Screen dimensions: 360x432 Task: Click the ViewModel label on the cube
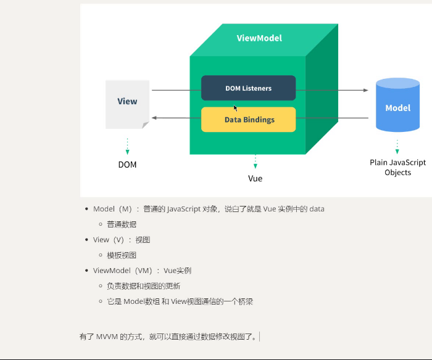259,38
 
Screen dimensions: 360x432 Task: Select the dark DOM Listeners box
248,88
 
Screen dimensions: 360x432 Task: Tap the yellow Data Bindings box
248,120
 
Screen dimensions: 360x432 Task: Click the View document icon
127,104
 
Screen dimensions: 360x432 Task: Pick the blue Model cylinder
397,106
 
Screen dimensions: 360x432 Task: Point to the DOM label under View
127,165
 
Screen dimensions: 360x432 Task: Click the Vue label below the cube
255,178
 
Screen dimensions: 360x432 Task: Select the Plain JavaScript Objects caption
397,168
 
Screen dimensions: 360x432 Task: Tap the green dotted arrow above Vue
255,162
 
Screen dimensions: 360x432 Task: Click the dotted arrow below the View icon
127,146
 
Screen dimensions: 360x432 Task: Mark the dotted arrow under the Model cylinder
397,146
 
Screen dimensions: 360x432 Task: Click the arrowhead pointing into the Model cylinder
365,90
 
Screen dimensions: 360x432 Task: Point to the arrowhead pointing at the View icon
155,118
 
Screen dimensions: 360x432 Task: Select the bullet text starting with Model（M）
209,209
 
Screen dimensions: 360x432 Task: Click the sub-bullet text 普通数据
122,224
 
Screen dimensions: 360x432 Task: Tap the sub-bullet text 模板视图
122,255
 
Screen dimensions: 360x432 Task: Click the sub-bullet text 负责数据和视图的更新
143,286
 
